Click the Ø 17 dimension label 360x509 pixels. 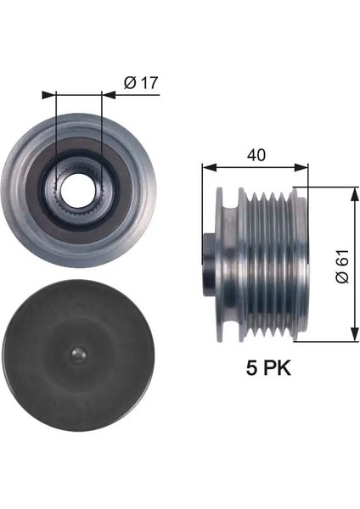pos(140,82)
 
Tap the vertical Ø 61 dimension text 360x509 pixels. pos(340,266)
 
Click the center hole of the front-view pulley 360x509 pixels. pos(78,186)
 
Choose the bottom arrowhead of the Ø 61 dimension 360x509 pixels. pos(352,338)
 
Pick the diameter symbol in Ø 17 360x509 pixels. pos(129,82)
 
